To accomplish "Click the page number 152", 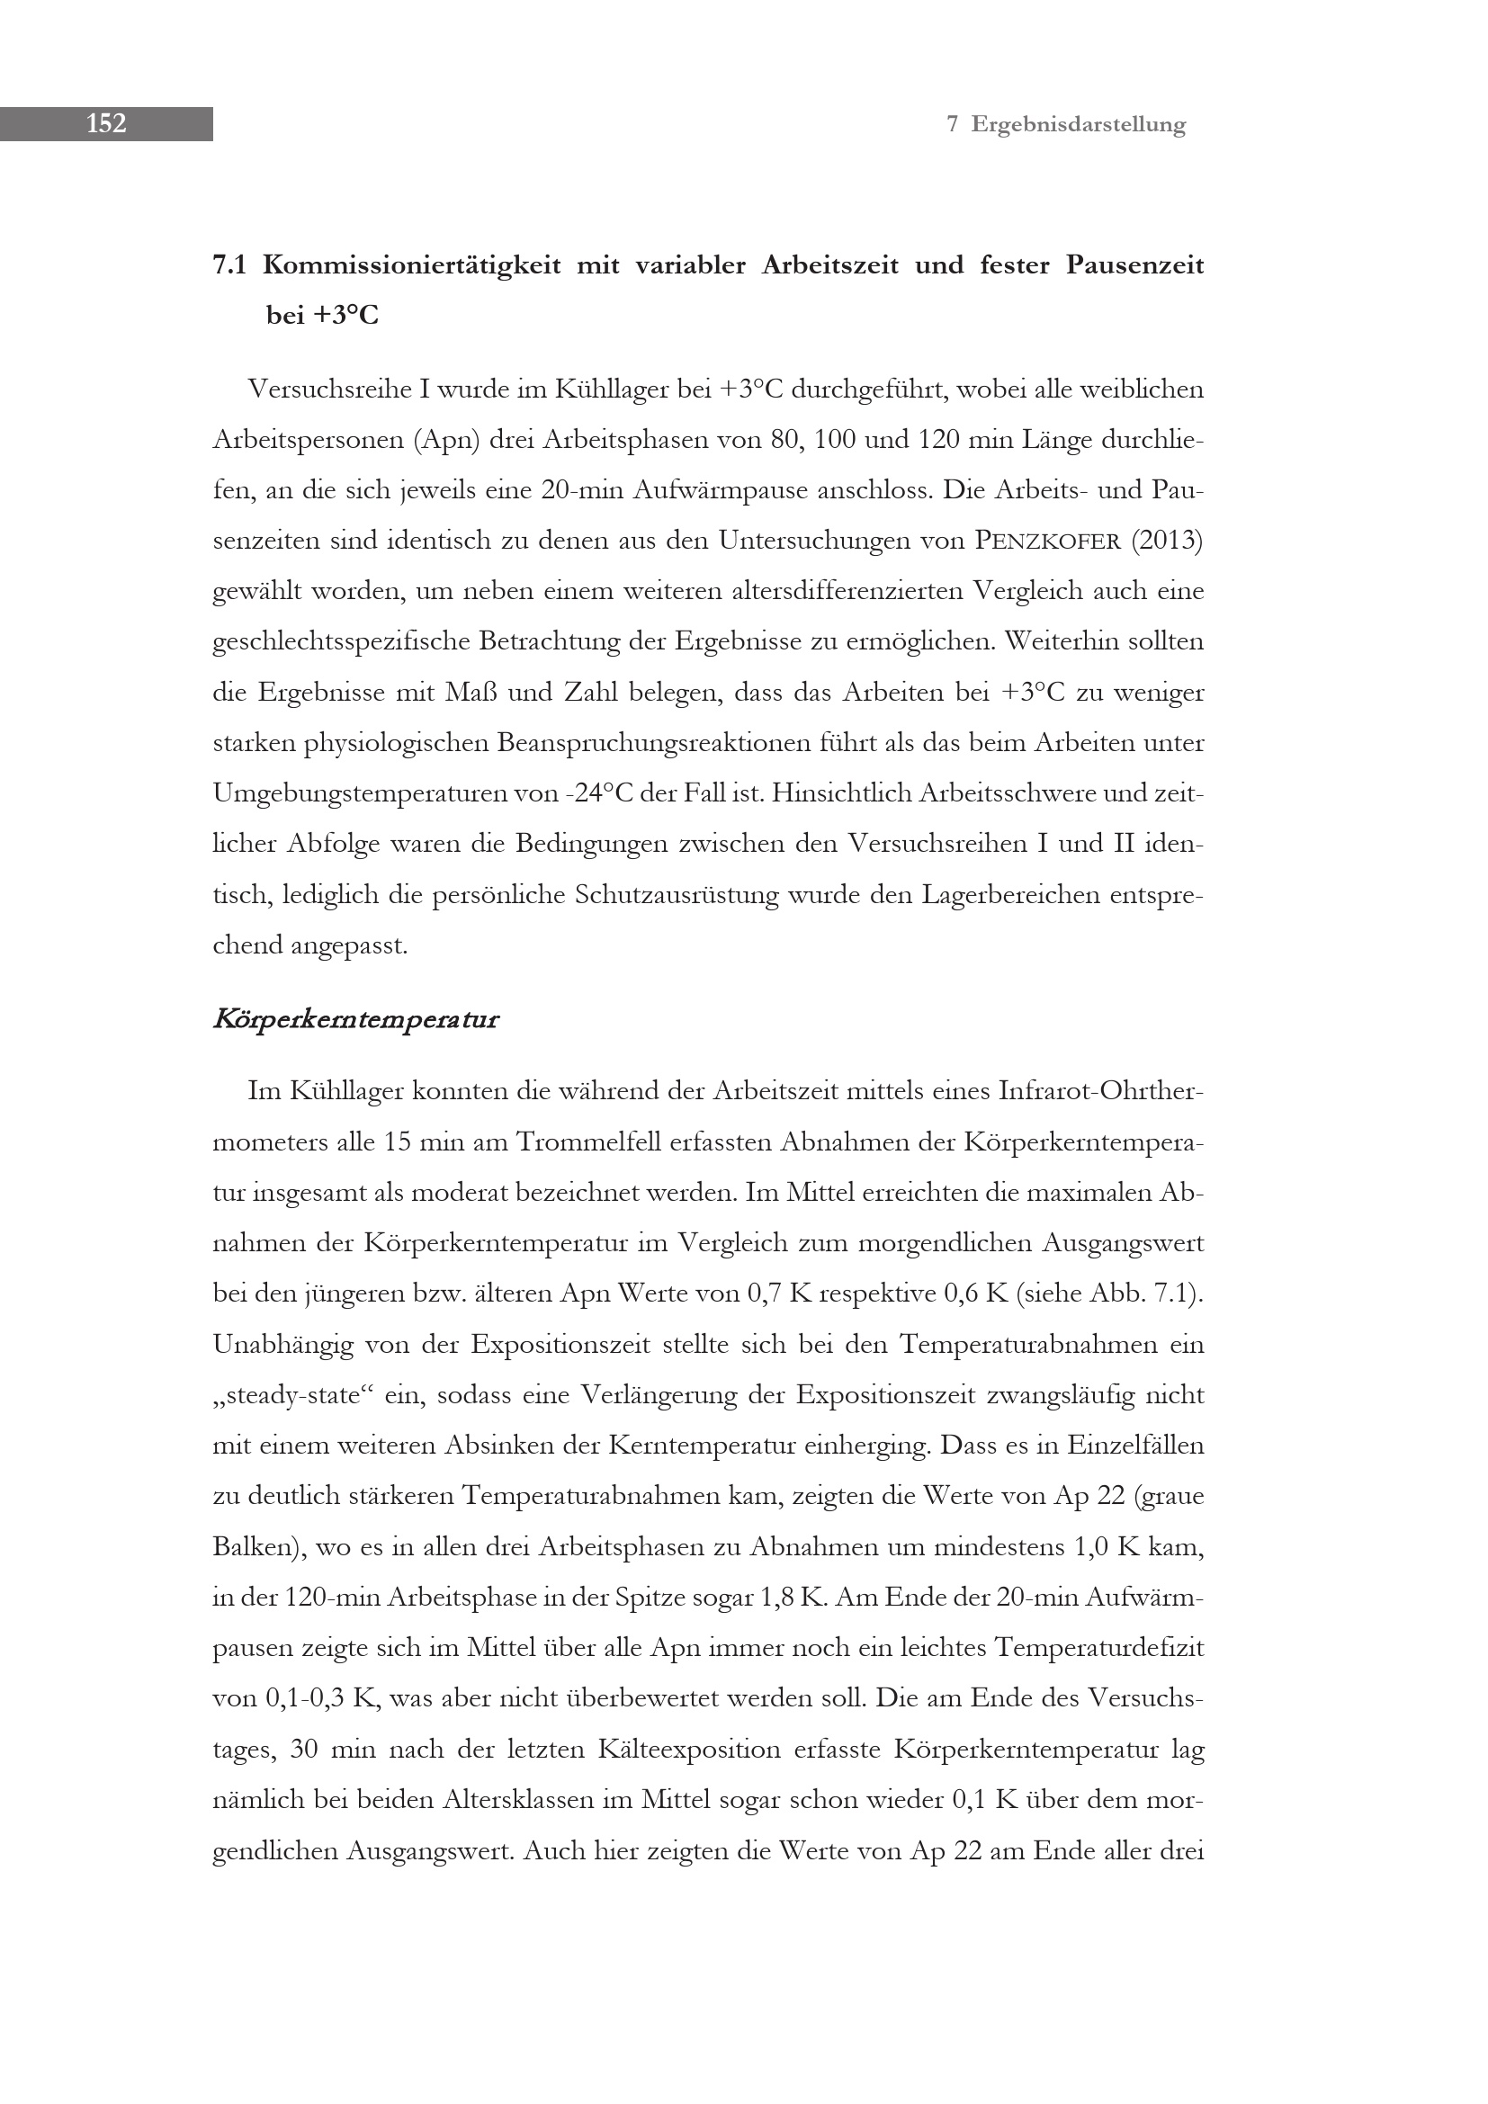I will click(106, 124).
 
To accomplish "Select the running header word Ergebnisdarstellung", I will click(1079, 125).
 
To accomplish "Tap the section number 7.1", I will click(230, 265).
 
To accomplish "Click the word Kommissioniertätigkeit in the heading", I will click(411, 265).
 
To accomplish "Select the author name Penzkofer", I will click(1047, 542).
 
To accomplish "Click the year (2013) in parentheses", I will click(1167, 541).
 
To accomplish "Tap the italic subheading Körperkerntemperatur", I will click(355, 1019).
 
